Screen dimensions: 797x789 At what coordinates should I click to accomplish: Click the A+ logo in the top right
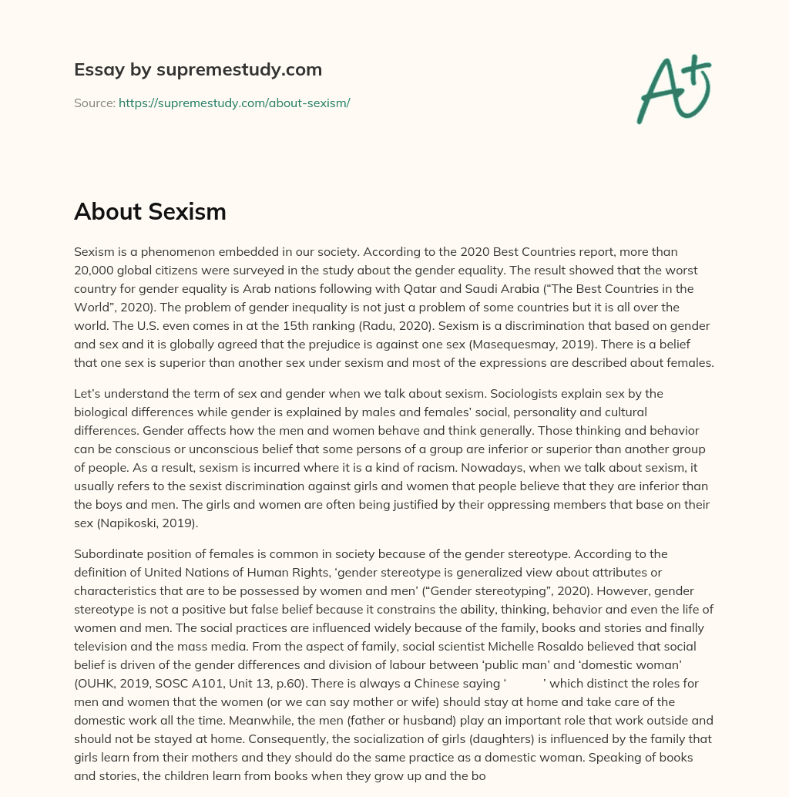[673, 89]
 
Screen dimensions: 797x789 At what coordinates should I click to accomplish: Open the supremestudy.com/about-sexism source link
[234, 103]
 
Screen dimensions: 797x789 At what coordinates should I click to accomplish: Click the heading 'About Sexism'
[150, 211]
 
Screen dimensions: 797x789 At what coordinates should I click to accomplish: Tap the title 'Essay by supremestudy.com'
[198, 69]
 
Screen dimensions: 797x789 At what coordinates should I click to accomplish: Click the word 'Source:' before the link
[94, 103]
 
